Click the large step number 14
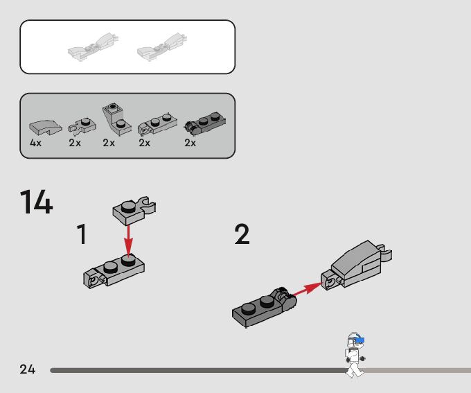(36, 202)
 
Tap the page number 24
(27, 369)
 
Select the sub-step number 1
(82, 234)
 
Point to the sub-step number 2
(242, 234)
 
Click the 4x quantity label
(35, 143)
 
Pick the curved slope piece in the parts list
(45, 128)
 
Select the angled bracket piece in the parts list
(116, 119)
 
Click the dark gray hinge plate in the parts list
(205, 123)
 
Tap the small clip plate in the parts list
(82, 125)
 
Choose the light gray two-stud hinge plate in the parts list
(157, 124)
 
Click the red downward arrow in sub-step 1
(129, 240)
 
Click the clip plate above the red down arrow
(134, 211)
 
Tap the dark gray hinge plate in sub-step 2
(264, 307)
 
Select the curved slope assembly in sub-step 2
(356, 265)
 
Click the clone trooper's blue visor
(359, 340)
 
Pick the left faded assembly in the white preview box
(93, 47)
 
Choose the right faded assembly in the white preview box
(162, 47)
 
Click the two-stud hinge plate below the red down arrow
(114, 271)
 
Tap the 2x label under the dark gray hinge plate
(190, 143)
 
